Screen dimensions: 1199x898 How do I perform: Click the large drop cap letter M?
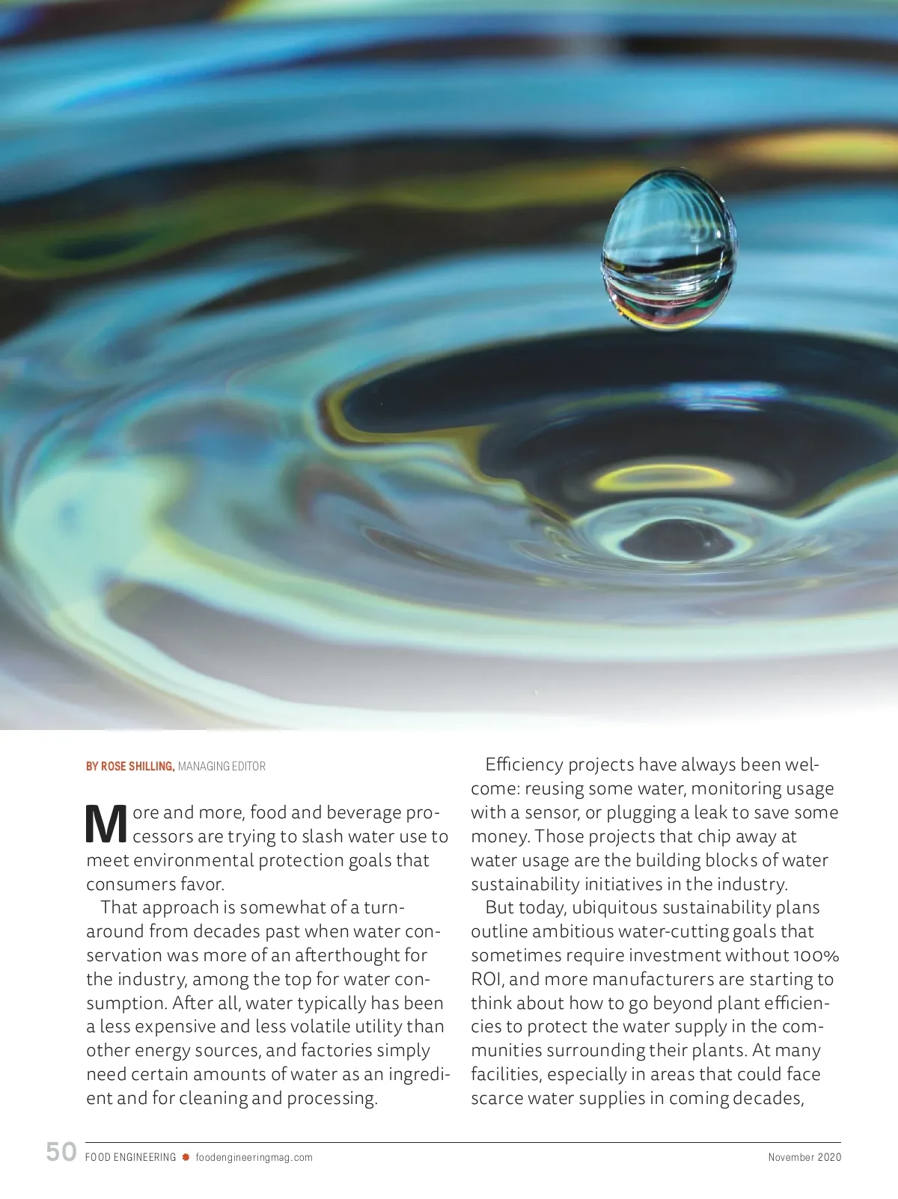pyautogui.click(x=107, y=824)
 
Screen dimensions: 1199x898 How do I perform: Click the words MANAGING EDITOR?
pyautogui.click(x=222, y=766)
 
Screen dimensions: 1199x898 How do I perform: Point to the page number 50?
pyautogui.click(x=61, y=1152)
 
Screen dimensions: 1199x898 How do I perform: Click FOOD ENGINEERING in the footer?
pyautogui.click(x=131, y=1157)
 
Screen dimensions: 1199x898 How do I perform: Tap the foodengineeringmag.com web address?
pyautogui.click(x=254, y=1157)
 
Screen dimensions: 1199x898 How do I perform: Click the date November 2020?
pyautogui.click(x=804, y=1157)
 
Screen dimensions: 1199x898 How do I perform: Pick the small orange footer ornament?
pyautogui.click(x=186, y=1157)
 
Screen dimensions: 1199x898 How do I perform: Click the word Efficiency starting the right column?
pyautogui.click(x=524, y=764)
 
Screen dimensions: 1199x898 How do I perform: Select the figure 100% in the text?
pyautogui.click(x=816, y=955)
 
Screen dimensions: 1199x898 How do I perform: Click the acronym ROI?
pyautogui.click(x=486, y=979)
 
